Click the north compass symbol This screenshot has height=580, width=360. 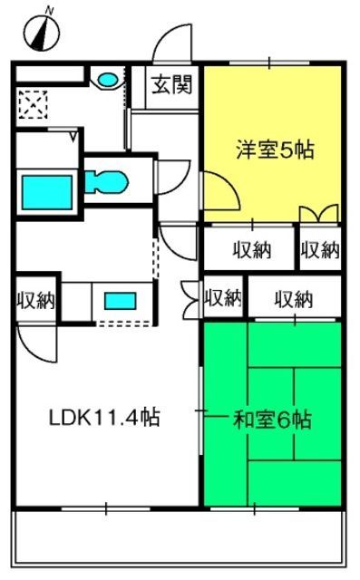pos(42,33)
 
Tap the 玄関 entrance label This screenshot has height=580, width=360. pos(172,84)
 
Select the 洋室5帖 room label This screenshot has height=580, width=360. pos(276,150)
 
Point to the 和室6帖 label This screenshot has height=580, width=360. pos(272,420)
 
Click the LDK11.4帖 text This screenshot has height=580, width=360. pos(104,417)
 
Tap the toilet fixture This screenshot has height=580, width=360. pos(106,181)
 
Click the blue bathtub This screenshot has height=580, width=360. pos(47,192)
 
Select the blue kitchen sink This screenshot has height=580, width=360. pos(121,301)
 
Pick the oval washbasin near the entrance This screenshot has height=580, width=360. pos(107,79)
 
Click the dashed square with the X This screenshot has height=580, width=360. pos(34,105)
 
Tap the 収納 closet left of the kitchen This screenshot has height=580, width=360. pos(36,300)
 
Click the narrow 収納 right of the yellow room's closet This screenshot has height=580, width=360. pos(320,250)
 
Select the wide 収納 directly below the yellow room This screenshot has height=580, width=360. pos(252,250)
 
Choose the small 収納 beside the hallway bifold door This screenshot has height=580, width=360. pos(223,298)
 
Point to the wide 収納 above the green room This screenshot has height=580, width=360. pos(294,299)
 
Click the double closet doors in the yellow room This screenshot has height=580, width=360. pos(319,214)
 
